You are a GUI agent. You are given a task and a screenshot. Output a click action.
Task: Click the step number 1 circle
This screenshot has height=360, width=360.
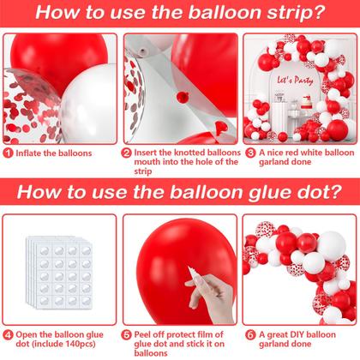(x=6, y=153)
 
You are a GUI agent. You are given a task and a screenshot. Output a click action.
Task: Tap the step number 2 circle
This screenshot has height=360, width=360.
(x=127, y=153)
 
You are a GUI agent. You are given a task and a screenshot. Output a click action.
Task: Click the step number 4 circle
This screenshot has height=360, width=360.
(x=6, y=333)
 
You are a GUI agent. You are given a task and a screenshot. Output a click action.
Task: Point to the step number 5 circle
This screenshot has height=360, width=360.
(x=127, y=333)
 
